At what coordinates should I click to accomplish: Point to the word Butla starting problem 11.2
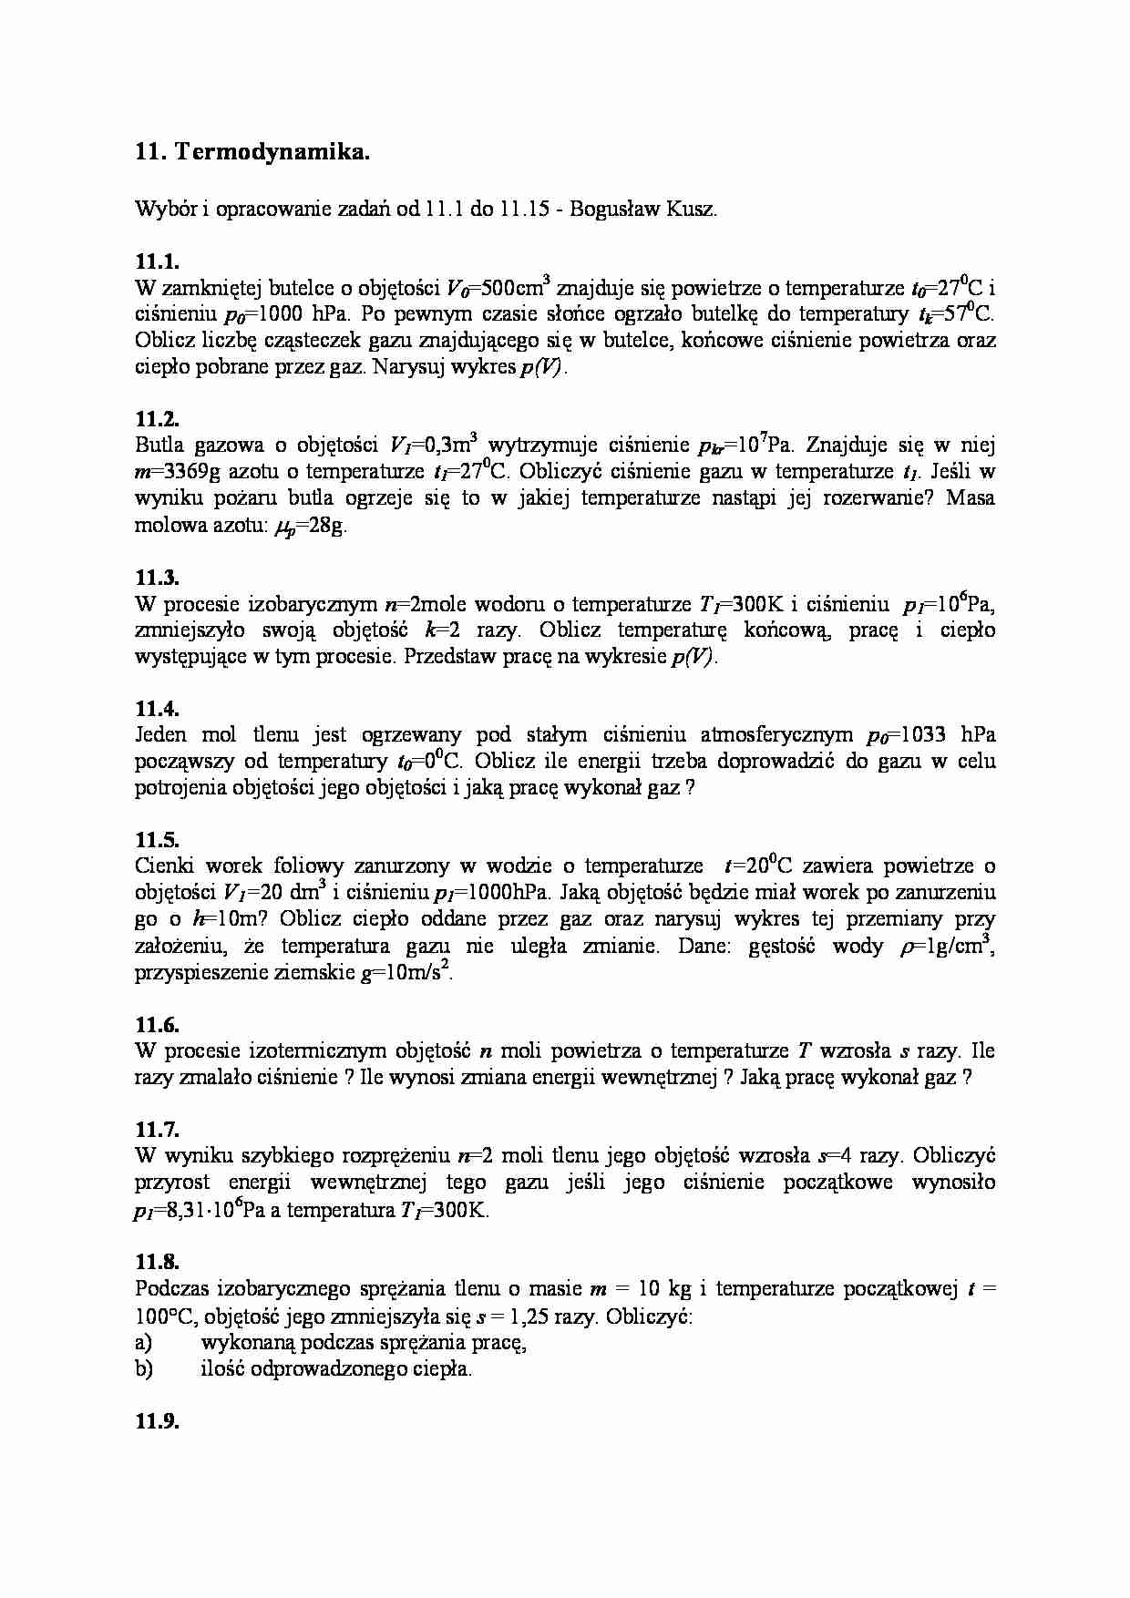[159, 446]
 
